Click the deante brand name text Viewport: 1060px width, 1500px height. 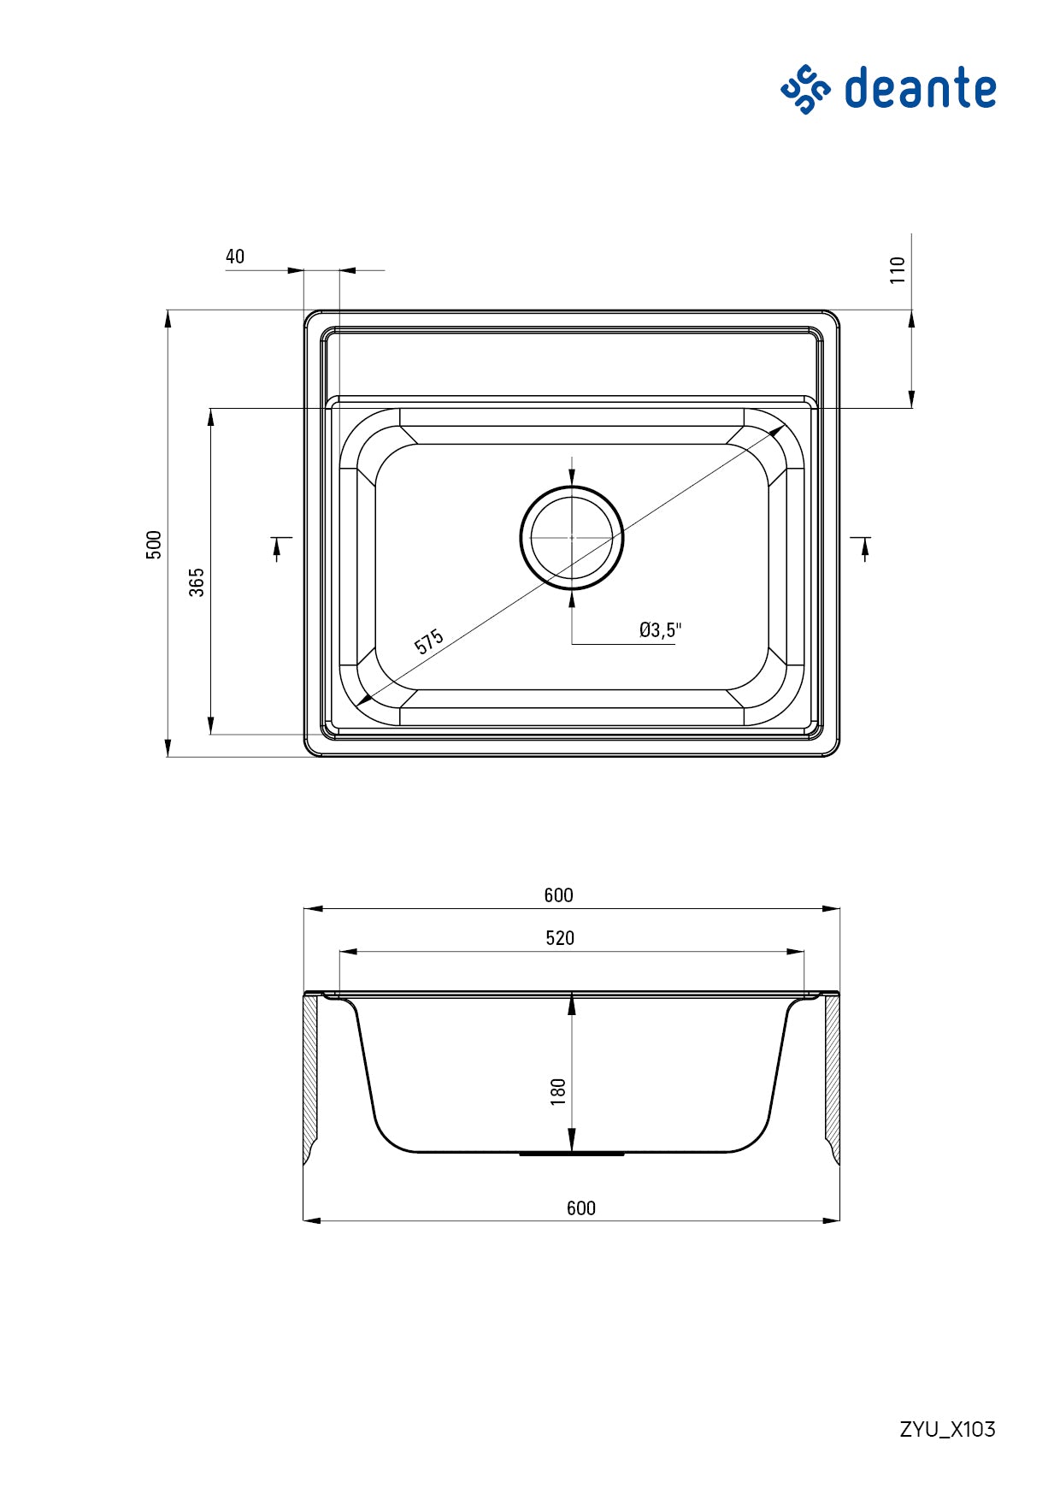920,89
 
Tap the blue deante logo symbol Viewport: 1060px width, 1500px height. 804,89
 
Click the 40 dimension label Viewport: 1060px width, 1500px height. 235,257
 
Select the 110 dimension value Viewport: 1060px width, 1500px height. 897,270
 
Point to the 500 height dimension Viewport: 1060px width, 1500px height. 154,545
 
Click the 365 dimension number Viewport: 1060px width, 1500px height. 197,582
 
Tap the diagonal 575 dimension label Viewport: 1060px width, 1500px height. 429,641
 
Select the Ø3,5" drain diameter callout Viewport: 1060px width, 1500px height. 660,630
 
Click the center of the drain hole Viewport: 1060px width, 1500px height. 572,537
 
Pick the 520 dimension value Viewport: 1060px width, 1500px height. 560,938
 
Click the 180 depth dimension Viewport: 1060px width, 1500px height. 558,1091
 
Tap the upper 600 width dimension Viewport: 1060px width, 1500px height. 558,895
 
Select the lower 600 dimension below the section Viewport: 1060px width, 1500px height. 580,1208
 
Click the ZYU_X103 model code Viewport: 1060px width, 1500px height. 947,1429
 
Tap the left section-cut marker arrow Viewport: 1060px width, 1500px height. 278,547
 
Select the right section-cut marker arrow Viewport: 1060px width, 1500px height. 864,547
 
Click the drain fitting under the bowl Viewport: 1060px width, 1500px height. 572,1155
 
